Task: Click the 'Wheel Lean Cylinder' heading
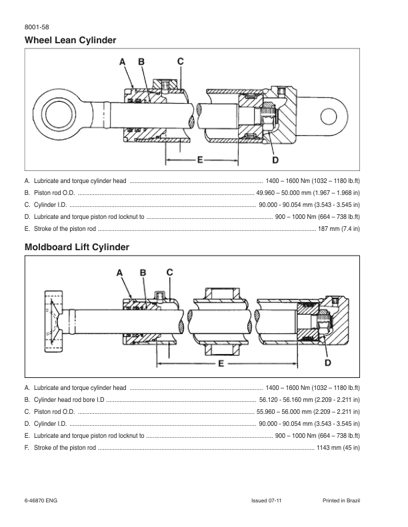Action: [70, 41]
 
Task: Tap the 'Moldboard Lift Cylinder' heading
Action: [77, 248]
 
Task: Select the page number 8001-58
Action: [35, 27]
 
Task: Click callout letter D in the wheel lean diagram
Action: [275, 160]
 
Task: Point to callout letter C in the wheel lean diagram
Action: [181, 61]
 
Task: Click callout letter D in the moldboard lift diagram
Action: [328, 363]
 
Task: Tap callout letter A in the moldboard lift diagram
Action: [120, 273]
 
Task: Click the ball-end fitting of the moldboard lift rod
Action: [53, 317]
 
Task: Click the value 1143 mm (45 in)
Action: [339, 448]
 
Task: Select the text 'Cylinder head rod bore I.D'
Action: [69, 400]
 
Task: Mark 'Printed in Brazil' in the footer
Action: [341, 500]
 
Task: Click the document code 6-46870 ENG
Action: [42, 500]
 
